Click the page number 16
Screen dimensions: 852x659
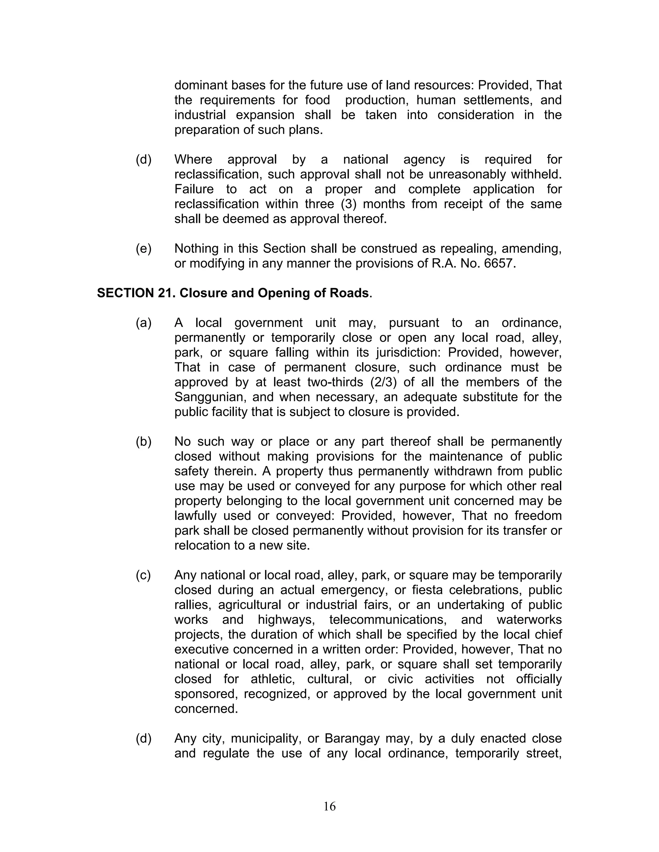point(329,806)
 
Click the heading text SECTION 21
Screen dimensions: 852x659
point(136,293)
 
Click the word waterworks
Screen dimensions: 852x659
point(529,620)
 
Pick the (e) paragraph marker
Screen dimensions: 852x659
point(143,249)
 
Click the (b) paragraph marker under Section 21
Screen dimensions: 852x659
point(143,442)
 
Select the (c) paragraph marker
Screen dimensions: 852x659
point(143,575)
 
